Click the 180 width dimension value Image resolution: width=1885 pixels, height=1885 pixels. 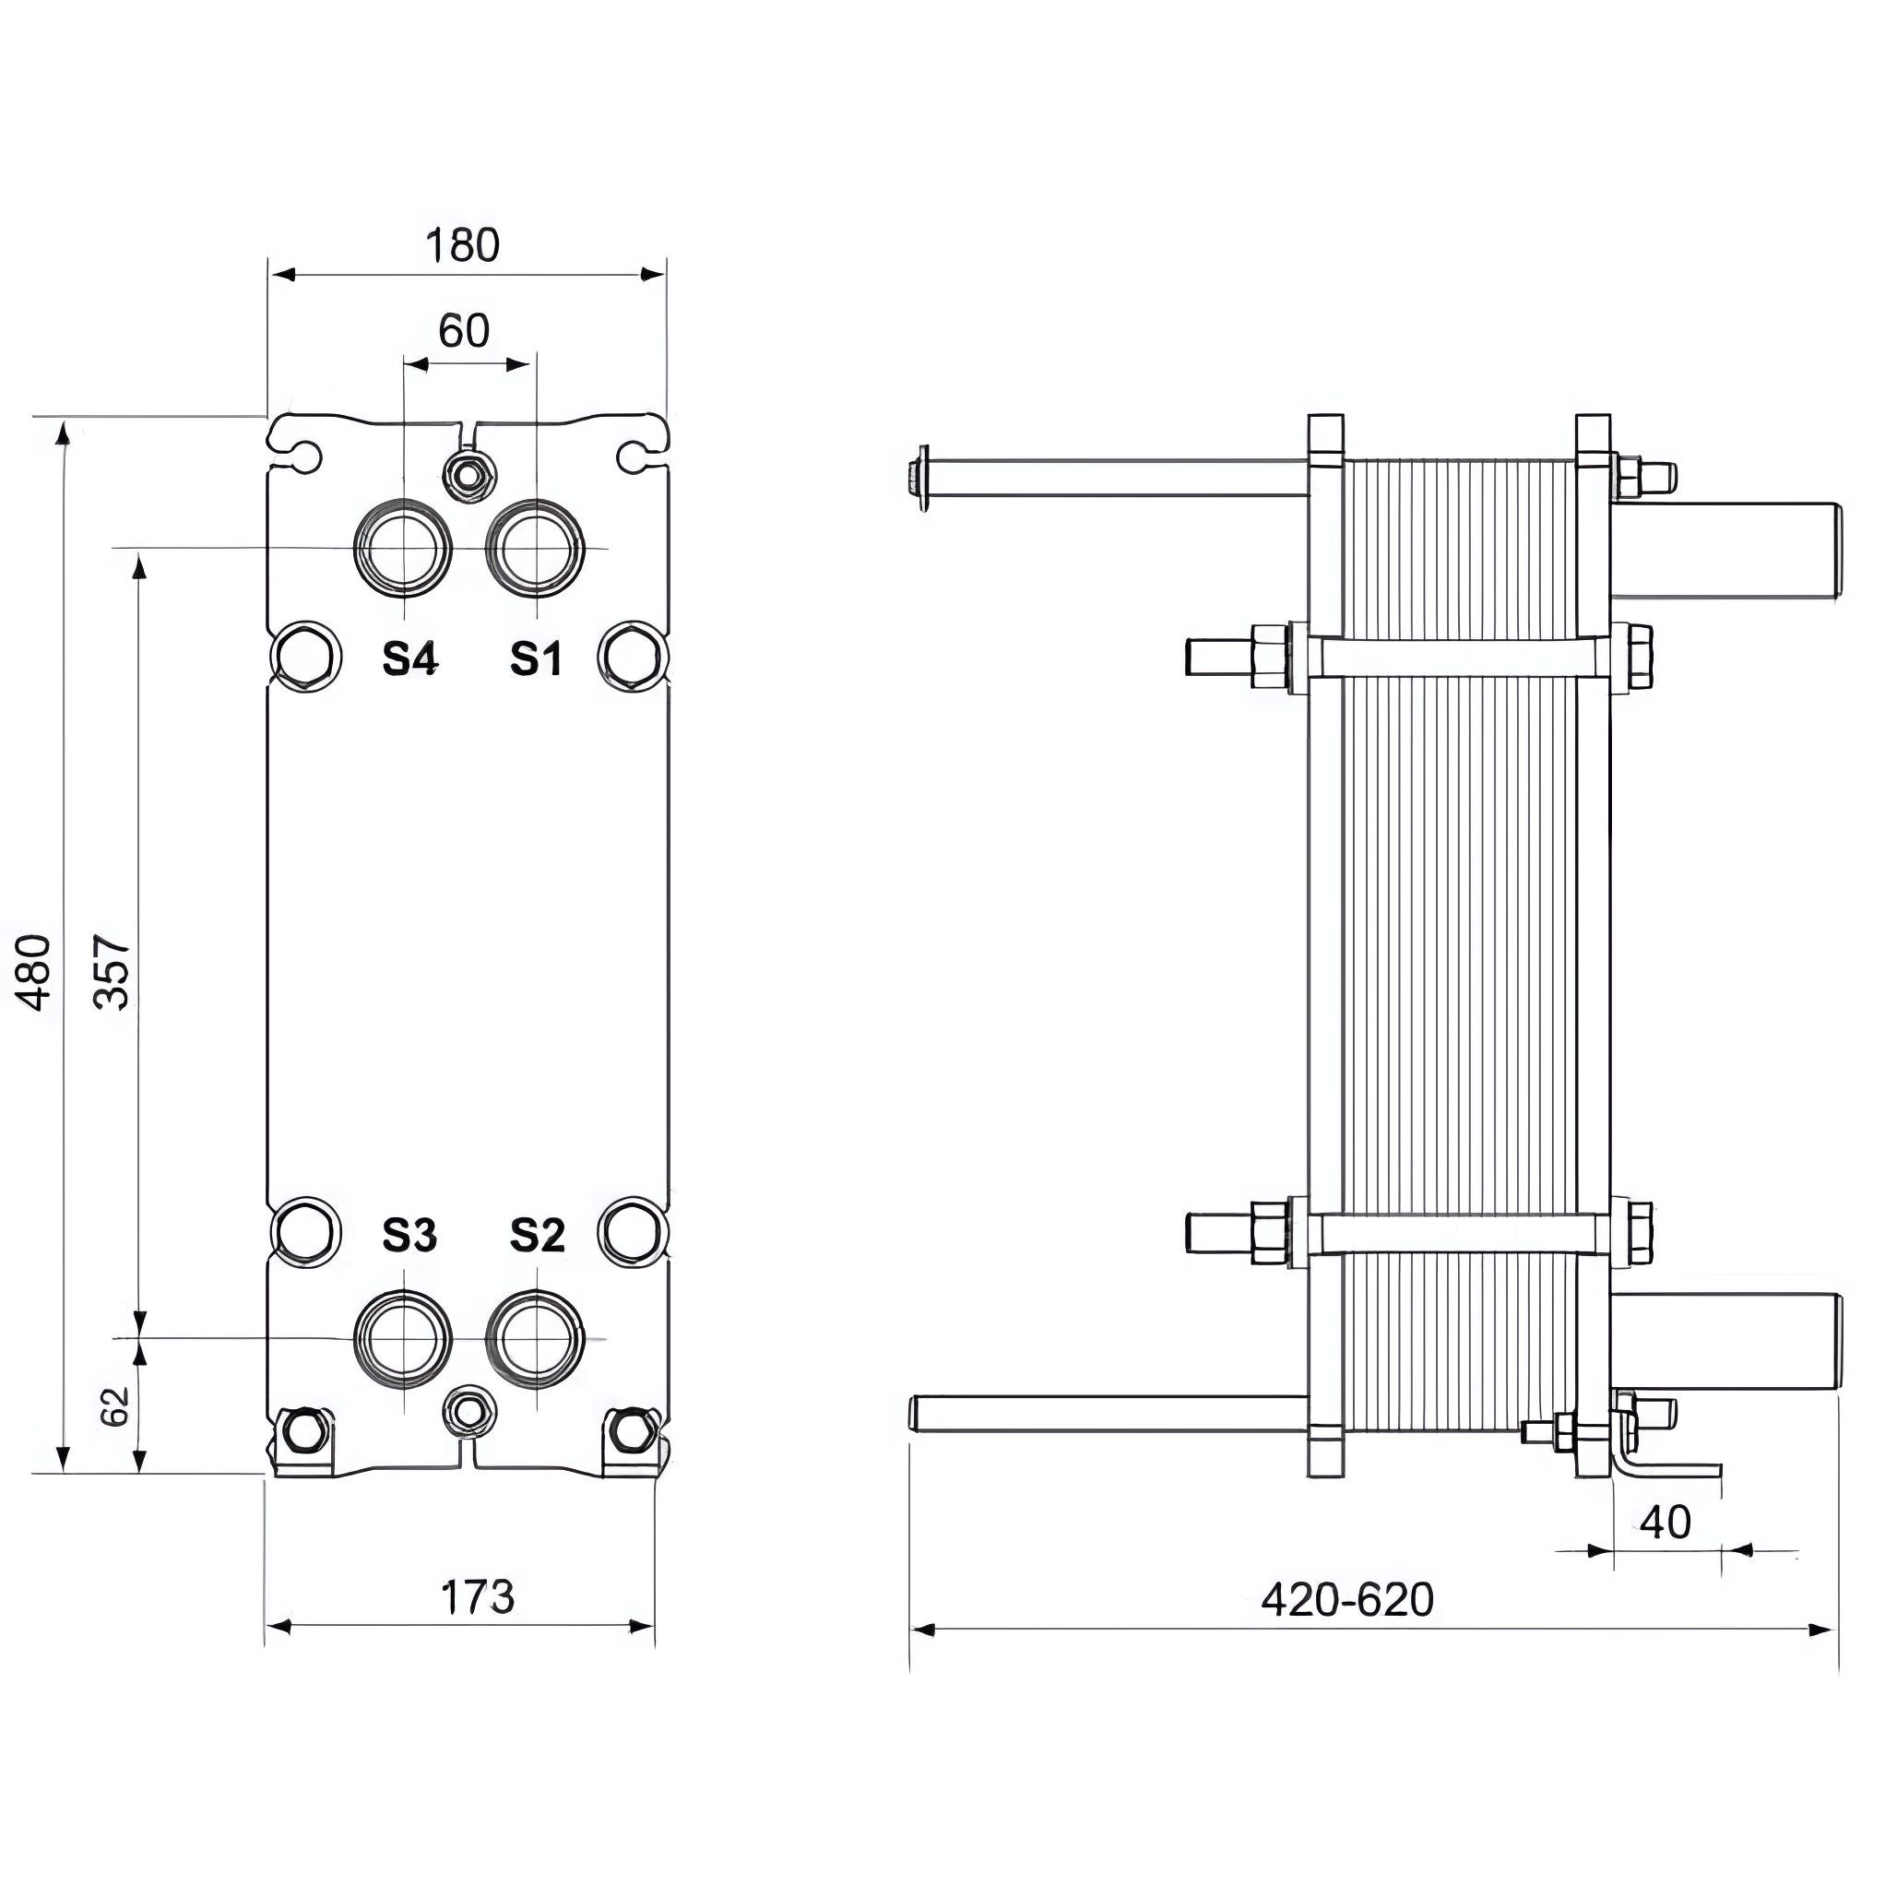(x=462, y=246)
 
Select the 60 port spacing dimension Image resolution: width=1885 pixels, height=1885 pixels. (x=464, y=332)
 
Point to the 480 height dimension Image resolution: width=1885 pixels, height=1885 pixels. (x=36, y=972)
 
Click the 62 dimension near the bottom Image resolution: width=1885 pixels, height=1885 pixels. (x=116, y=1406)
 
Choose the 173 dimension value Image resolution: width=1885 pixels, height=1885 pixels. (x=477, y=1597)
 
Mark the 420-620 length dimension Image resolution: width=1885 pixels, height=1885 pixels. (x=1347, y=1600)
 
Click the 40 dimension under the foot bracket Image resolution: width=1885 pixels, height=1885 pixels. (x=1665, y=1522)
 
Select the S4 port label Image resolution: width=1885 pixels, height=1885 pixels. (x=409, y=659)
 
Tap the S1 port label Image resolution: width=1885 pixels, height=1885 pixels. (x=537, y=659)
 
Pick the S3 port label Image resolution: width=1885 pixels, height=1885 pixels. (x=409, y=1235)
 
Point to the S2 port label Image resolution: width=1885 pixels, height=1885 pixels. (x=538, y=1235)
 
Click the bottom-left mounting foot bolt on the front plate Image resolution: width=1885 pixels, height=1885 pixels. (x=304, y=1430)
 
